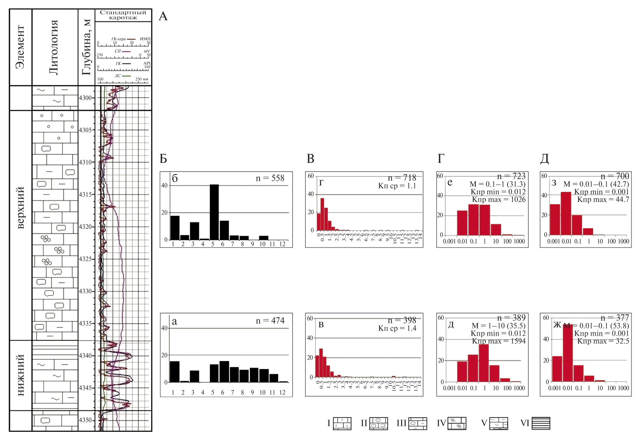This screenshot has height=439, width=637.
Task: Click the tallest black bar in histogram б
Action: [214, 212]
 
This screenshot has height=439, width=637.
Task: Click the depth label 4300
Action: [85, 98]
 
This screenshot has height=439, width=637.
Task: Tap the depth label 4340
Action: [85, 356]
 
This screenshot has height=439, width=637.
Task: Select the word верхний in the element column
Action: [20, 207]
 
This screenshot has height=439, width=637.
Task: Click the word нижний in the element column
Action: [20, 375]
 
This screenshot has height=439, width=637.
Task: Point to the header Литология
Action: [54, 47]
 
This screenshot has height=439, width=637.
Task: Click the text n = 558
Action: [270, 178]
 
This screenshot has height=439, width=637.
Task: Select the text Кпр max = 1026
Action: [499, 200]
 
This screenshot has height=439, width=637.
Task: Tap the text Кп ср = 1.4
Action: [397, 328]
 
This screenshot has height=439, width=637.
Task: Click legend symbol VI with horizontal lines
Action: [541, 423]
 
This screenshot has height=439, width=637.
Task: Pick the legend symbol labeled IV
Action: [457, 423]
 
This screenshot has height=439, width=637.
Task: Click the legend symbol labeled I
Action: [342, 423]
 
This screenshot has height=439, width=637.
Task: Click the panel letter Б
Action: [164, 159]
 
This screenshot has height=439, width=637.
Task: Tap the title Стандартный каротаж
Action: [123, 15]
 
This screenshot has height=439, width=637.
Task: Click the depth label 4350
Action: [85, 420]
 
